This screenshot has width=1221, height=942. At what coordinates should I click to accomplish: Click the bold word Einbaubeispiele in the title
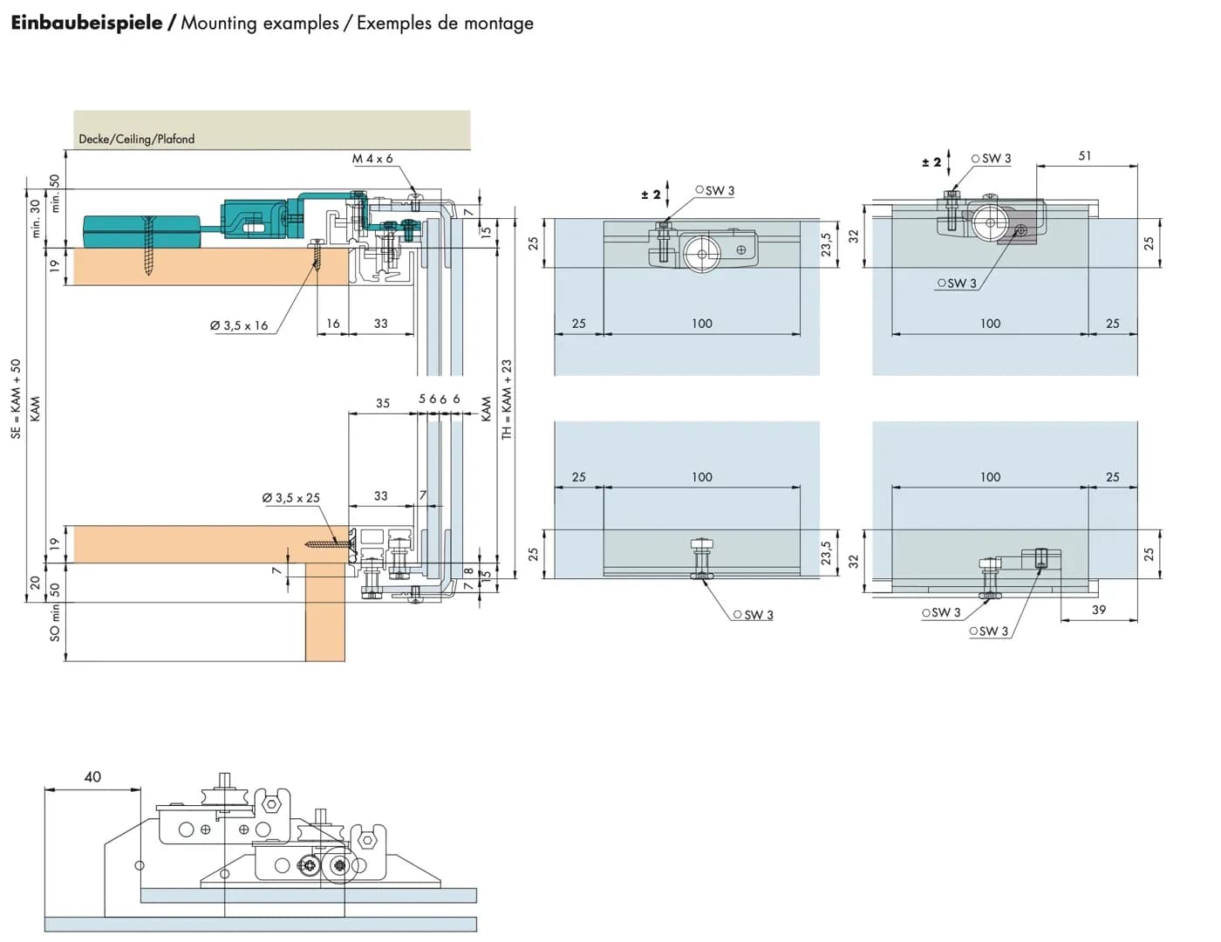click(86, 23)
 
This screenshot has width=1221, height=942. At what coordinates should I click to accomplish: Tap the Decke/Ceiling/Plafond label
click(137, 139)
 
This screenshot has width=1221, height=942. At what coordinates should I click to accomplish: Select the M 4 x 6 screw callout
click(372, 159)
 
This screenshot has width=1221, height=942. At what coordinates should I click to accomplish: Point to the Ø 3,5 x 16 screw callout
click(239, 325)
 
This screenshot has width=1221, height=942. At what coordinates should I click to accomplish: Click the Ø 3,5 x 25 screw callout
click(291, 498)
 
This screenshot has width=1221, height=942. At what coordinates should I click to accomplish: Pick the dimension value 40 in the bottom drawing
click(92, 777)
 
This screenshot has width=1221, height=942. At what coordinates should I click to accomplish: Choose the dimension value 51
click(1084, 155)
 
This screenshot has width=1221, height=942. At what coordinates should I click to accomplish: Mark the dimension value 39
click(1099, 610)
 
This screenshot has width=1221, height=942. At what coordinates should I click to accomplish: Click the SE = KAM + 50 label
click(16, 399)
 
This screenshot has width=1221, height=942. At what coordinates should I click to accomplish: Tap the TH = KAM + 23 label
click(507, 399)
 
